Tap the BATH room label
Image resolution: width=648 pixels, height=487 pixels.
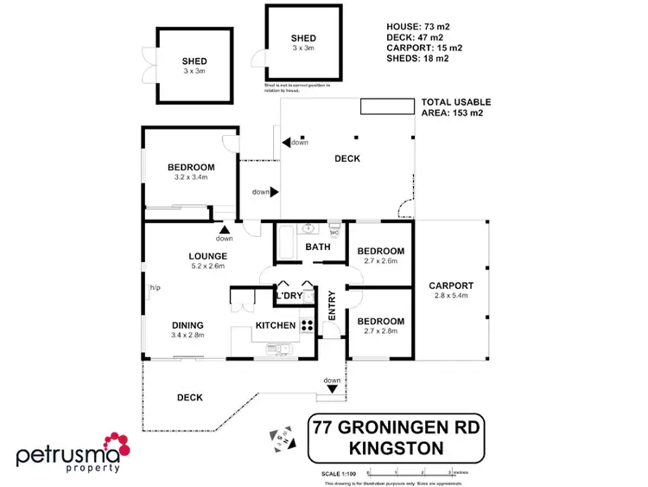click(x=318, y=247)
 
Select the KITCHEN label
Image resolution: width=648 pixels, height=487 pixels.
click(x=275, y=325)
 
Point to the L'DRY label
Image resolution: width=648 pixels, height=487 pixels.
click(x=289, y=297)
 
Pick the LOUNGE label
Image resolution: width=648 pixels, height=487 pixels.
click(x=208, y=256)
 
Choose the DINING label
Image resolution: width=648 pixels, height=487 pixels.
click(x=187, y=324)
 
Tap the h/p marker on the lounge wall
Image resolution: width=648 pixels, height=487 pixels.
click(x=156, y=287)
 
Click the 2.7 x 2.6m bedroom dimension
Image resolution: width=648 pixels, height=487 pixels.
click(x=381, y=261)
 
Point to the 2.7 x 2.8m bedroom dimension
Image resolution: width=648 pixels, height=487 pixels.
click(x=381, y=330)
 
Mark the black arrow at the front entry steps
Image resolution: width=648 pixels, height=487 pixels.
click(x=332, y=390)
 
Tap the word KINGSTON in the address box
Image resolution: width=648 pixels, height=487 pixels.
click(x=396, y=447)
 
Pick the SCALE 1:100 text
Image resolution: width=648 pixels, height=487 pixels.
click(x=338, y=473)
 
